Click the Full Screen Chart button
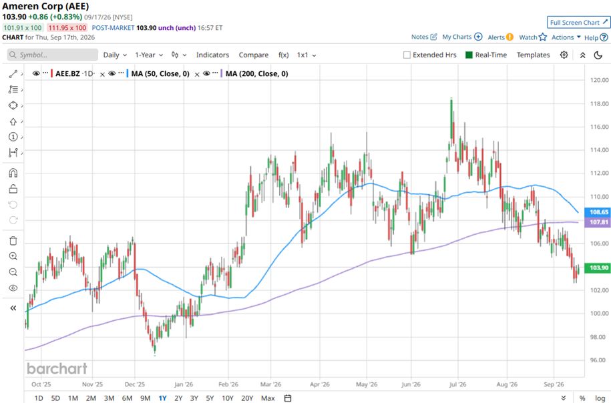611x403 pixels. (579, 22)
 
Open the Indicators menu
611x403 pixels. (212, 55)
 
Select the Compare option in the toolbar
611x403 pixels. (253, 55)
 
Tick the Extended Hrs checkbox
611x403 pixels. (407, 55)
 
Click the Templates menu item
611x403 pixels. (533, 55)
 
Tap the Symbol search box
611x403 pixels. (53, 55)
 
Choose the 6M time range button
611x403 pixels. (127, 398)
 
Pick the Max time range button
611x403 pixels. (268, 398)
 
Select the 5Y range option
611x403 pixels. (210, 398)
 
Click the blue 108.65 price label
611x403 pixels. (598, 212)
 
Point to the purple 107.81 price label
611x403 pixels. (598, 222)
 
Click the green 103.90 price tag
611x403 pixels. (598, 268)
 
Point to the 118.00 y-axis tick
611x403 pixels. (599, 103)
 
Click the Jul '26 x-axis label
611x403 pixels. (457, 384)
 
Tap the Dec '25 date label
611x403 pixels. (134, 384)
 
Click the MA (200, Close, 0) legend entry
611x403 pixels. (257, 73)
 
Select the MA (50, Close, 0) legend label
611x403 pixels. (160, 73)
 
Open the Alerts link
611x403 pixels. (500, 37)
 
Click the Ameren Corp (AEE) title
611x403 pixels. (45, 6)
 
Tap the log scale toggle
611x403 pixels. (600, 398)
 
